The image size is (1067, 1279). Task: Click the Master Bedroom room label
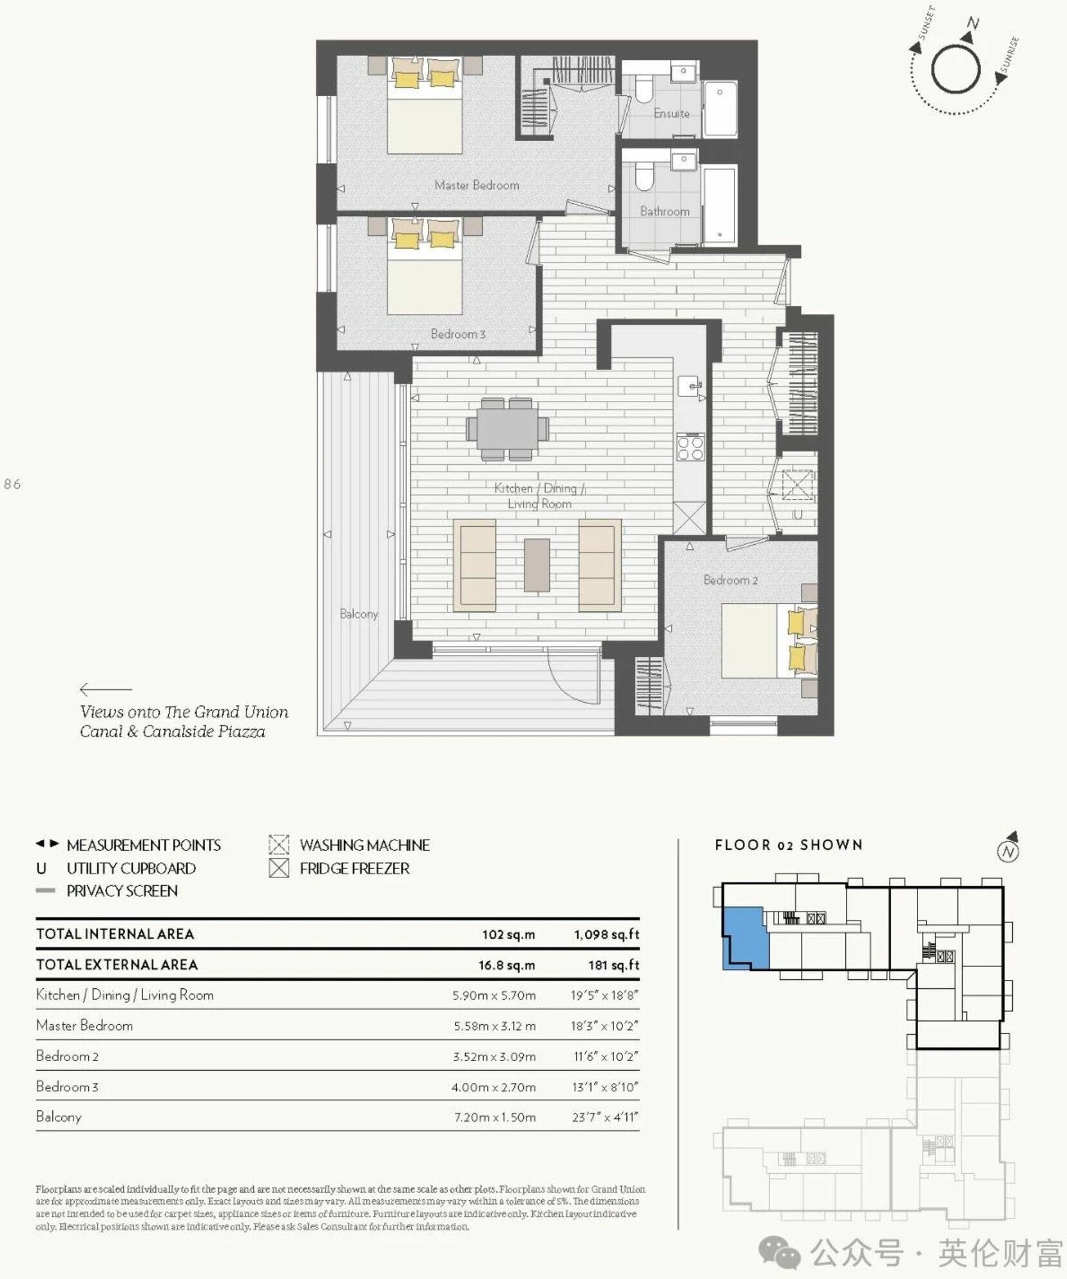click(x=476, y=185)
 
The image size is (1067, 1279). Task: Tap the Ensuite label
click(x=671, y=113)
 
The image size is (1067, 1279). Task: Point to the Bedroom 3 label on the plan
click(x=457, y=334)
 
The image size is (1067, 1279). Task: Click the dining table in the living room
click(x=508, y=429)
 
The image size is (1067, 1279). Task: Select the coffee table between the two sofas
click(x=536, y=565)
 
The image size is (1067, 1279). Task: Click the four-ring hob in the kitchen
click(x=690, y=447)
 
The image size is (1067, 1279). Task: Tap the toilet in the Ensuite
click(x=644, y=88)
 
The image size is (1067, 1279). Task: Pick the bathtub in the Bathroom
click(x=720, y=205)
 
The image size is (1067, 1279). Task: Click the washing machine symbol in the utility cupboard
click(x=797, y=485)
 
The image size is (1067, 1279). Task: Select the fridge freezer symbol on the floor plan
click(x=689, y=518)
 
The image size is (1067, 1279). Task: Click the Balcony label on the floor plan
click(x=358, y=614)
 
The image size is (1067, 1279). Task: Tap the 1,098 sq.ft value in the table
click(x=606, y=934)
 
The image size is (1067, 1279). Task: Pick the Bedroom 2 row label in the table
click(x=67, y=1056)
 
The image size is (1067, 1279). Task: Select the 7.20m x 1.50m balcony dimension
click(x=494, y=1117)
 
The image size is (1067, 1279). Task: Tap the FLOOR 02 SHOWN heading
click(x=788, y=845)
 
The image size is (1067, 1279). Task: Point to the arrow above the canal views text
click(x=105, y=689)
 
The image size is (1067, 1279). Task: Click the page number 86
click(x=12, y=484)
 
